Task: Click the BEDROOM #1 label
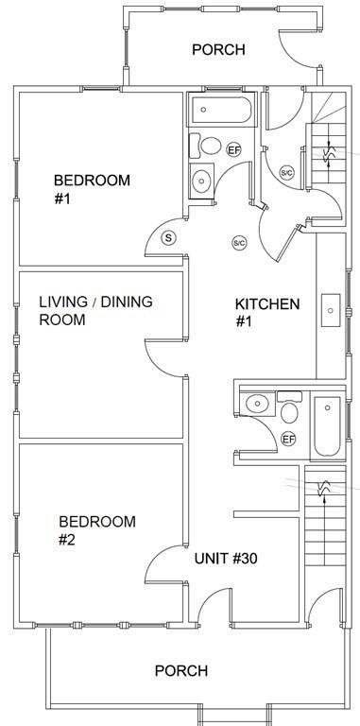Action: pyautogui.click(x=92, y=189)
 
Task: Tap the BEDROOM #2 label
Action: pyautogui.click(x=97, y=530)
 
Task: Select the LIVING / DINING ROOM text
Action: pyautogui.click(x=95, y=311)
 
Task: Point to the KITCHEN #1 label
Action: pyautogui.click(x=267, y=313)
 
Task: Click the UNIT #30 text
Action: pyautogui.click(x=226, y=559)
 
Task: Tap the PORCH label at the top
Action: pyautogui.click(x=218, y=49)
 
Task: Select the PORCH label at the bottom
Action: pyautogui.click(x=181, y=670)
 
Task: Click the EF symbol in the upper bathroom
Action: pyautogui.click(x=233, y=149)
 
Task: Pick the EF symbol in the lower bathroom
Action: pyautogui.click(x=288, y=439)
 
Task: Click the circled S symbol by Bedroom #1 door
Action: pyautogui.click(x=168, y=238)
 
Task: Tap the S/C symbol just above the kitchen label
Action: pyautogui.click(x=239, y=243)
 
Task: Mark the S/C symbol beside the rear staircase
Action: pyautogui.click(x=287, y=173)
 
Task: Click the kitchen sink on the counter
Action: pyautogui.click(x=331, y=310)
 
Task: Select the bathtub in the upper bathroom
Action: pyautogui.click(x=221, y=110)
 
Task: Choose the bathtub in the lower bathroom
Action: pyautogui.click(x=327, y=426)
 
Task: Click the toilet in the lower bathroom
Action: pyautogui.click(x=289, y=407)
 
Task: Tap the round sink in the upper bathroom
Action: pyautogui.click(x=202, y=181)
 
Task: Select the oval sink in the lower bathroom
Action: pyautogui.click(x=257, y=404)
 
